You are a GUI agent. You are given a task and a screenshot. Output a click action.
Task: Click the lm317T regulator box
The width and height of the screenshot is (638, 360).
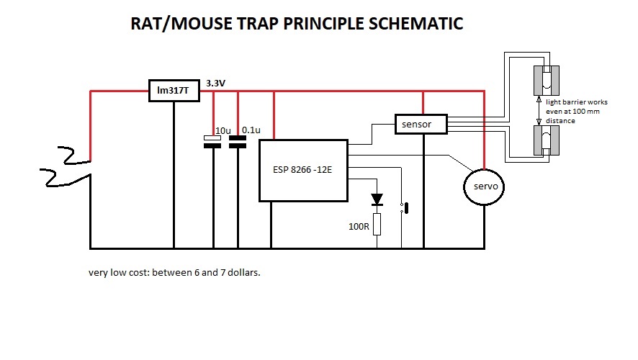click(x=174, y=90)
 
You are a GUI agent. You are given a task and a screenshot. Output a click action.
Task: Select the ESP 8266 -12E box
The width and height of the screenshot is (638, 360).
click(x=302, y=171)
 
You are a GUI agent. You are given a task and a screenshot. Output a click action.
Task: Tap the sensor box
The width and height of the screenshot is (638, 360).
click(x=421, y=124)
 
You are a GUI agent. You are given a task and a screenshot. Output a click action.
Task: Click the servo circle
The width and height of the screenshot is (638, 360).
click(x=484, y=187)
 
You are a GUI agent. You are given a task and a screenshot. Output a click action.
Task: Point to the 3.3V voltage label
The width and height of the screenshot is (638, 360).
click(x=216, y=84)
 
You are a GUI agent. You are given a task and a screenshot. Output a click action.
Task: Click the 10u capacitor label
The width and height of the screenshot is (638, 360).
click(x=223, y=130)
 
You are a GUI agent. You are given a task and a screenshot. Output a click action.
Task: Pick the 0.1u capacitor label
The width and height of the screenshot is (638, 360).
click(x=251, y=130)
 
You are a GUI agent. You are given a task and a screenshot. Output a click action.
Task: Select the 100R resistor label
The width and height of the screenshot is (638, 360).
click(x=359, y=226)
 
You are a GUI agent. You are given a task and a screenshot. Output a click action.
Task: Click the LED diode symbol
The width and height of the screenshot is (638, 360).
click(x=377, y=198)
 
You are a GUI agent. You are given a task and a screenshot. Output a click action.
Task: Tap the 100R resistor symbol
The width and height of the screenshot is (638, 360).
click(x=377, y=224)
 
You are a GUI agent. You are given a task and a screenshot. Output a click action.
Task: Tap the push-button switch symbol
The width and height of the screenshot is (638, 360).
click(x=405, y=209)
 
